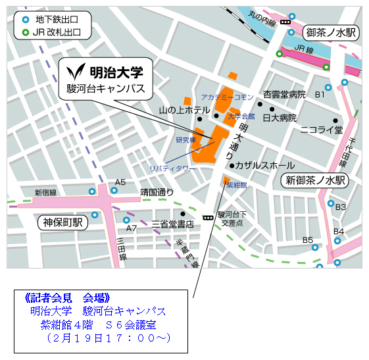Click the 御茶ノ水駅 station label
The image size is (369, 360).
[x=330, y=32]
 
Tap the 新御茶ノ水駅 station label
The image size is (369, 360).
[x=314, y=180]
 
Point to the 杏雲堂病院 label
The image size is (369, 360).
[x=284, y=95]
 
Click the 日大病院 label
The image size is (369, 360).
[x=280, y=118]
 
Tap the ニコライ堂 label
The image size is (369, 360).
[x=321, y=130]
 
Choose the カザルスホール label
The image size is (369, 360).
[x=265, y=165]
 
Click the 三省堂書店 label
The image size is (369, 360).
[x=173, y=224]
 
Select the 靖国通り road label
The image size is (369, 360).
[x=157, y=193]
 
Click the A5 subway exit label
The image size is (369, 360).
[x=120, y=182]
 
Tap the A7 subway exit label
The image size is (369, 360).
[x=132, y=228]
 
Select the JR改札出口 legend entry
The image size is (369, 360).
[x=56, y=32]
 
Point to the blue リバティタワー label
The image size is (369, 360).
[x=172, y=169]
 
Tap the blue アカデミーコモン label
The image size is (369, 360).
[x=227, y=97]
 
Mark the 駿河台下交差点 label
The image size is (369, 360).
[x=234, y=219]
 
